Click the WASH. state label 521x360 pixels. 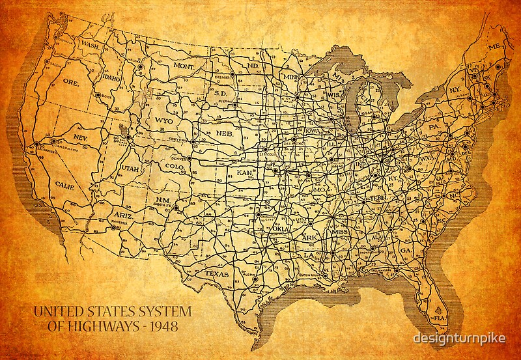89,45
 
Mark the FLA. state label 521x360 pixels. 442,318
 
